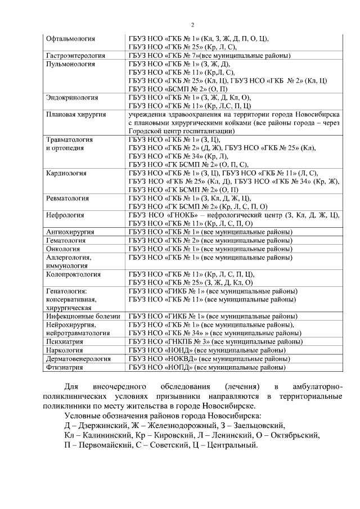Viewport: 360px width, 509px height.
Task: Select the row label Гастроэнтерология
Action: (x=75, y=56)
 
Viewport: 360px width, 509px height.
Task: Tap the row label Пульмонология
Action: (x=70, y=64)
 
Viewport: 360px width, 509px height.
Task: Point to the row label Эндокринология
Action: (x=71, y=97)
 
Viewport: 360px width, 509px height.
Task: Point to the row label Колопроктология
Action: (x=73, y=274)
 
